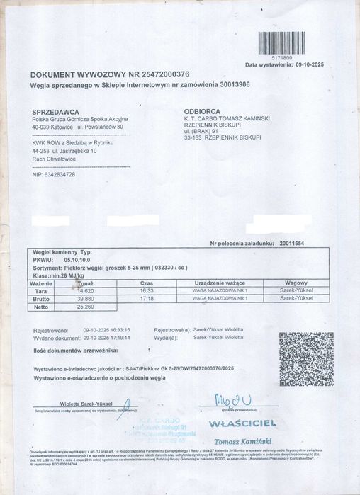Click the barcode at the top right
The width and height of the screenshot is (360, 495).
coord(281,43)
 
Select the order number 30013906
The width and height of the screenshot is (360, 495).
coord(231,84)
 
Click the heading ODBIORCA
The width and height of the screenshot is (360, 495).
coord(202,112)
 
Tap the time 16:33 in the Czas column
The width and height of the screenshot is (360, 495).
coord(147,290)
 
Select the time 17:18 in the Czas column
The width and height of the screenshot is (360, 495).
coord(147,299)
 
